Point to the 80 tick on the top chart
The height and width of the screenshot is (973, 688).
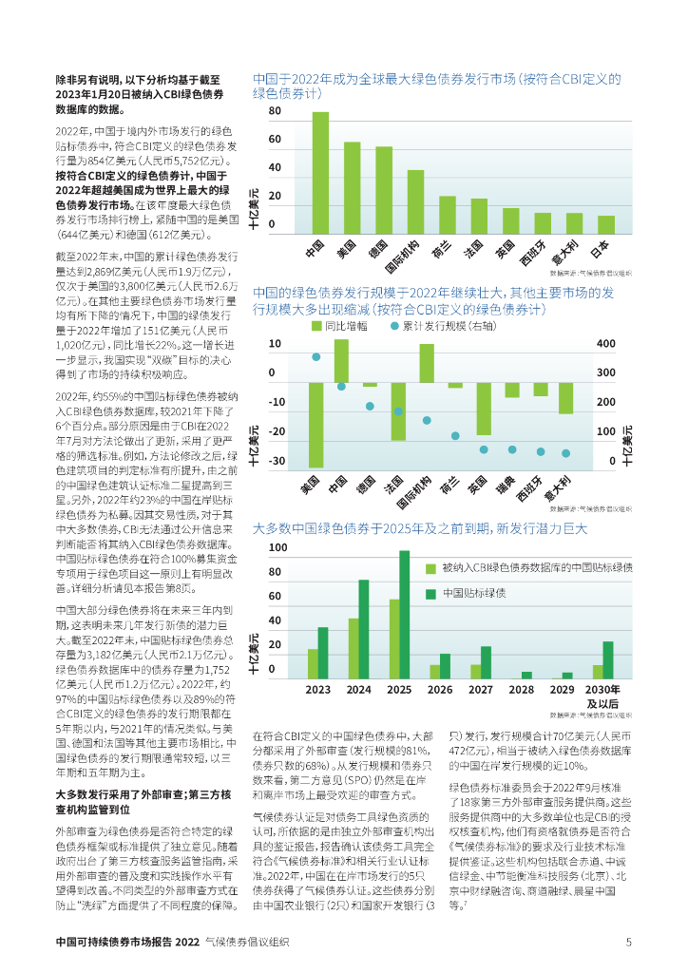tap(275, 111)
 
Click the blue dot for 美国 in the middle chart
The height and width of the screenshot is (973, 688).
tap(316, 357)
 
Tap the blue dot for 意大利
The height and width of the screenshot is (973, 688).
tap(565, 453)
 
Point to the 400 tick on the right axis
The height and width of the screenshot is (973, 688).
tap(605, 343)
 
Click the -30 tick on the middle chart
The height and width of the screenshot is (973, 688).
tap(277, 461)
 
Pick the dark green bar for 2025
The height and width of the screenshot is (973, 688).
tap(405, 614)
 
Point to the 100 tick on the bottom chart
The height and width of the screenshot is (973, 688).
tap(277, 547)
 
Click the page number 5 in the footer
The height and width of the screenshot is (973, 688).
tap(628, 943)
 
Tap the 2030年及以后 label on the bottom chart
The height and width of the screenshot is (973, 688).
tap(602, 696)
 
